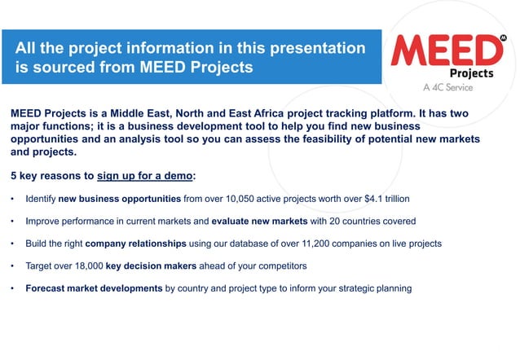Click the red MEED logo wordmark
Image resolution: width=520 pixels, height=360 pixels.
tap(447, 50)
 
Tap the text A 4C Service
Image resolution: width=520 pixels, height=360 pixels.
tap(448, 87)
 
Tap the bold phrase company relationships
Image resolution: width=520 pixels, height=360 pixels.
tap(137, 244)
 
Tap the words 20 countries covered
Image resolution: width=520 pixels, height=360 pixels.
tap(372, 221)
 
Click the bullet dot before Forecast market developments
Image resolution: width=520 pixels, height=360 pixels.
tap(12, 288)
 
